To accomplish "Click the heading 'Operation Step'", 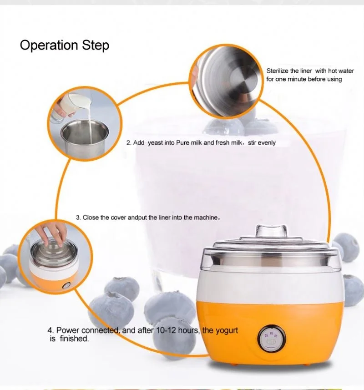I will pos(64,46).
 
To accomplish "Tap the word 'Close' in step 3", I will pos(91,218).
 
